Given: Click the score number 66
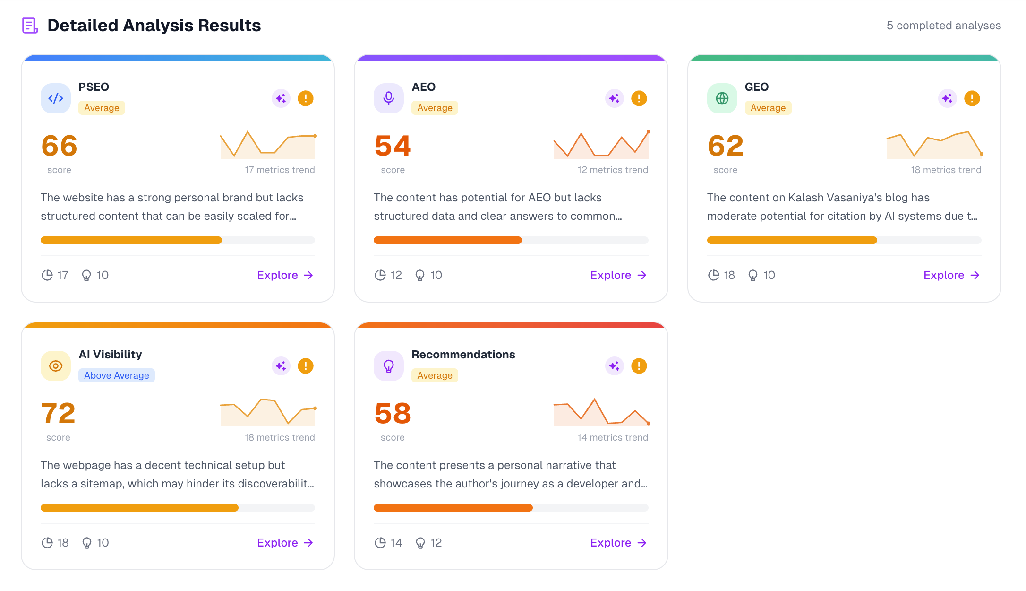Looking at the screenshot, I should click(x=60, y=146).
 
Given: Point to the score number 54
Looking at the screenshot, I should click(x=393, y=146).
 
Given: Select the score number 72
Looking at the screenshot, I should click(x=59, y=413).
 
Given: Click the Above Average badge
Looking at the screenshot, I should click(x=117, y=375).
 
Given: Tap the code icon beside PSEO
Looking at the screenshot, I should click(x=56, y=98).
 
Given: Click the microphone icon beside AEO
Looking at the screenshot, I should click(x=389, y=98).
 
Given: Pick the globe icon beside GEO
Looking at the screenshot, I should click(x=722, y=98).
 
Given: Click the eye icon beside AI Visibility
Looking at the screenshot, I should click(x=56, y=366).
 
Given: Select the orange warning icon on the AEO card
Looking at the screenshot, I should click(x=639, y=98).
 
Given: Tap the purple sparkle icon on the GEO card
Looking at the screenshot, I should click(x=947, y=98).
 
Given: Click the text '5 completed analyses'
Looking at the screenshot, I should click(x=943, y=26).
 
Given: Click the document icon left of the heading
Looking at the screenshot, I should click(x=30, y=26).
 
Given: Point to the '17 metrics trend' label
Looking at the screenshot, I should click(x=280, y=170).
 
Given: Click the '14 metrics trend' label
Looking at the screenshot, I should click(x=613, y=437).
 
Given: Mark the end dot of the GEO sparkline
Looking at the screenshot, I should click(x=982, y=154).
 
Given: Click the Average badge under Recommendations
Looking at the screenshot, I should click(x=435, y=375).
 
